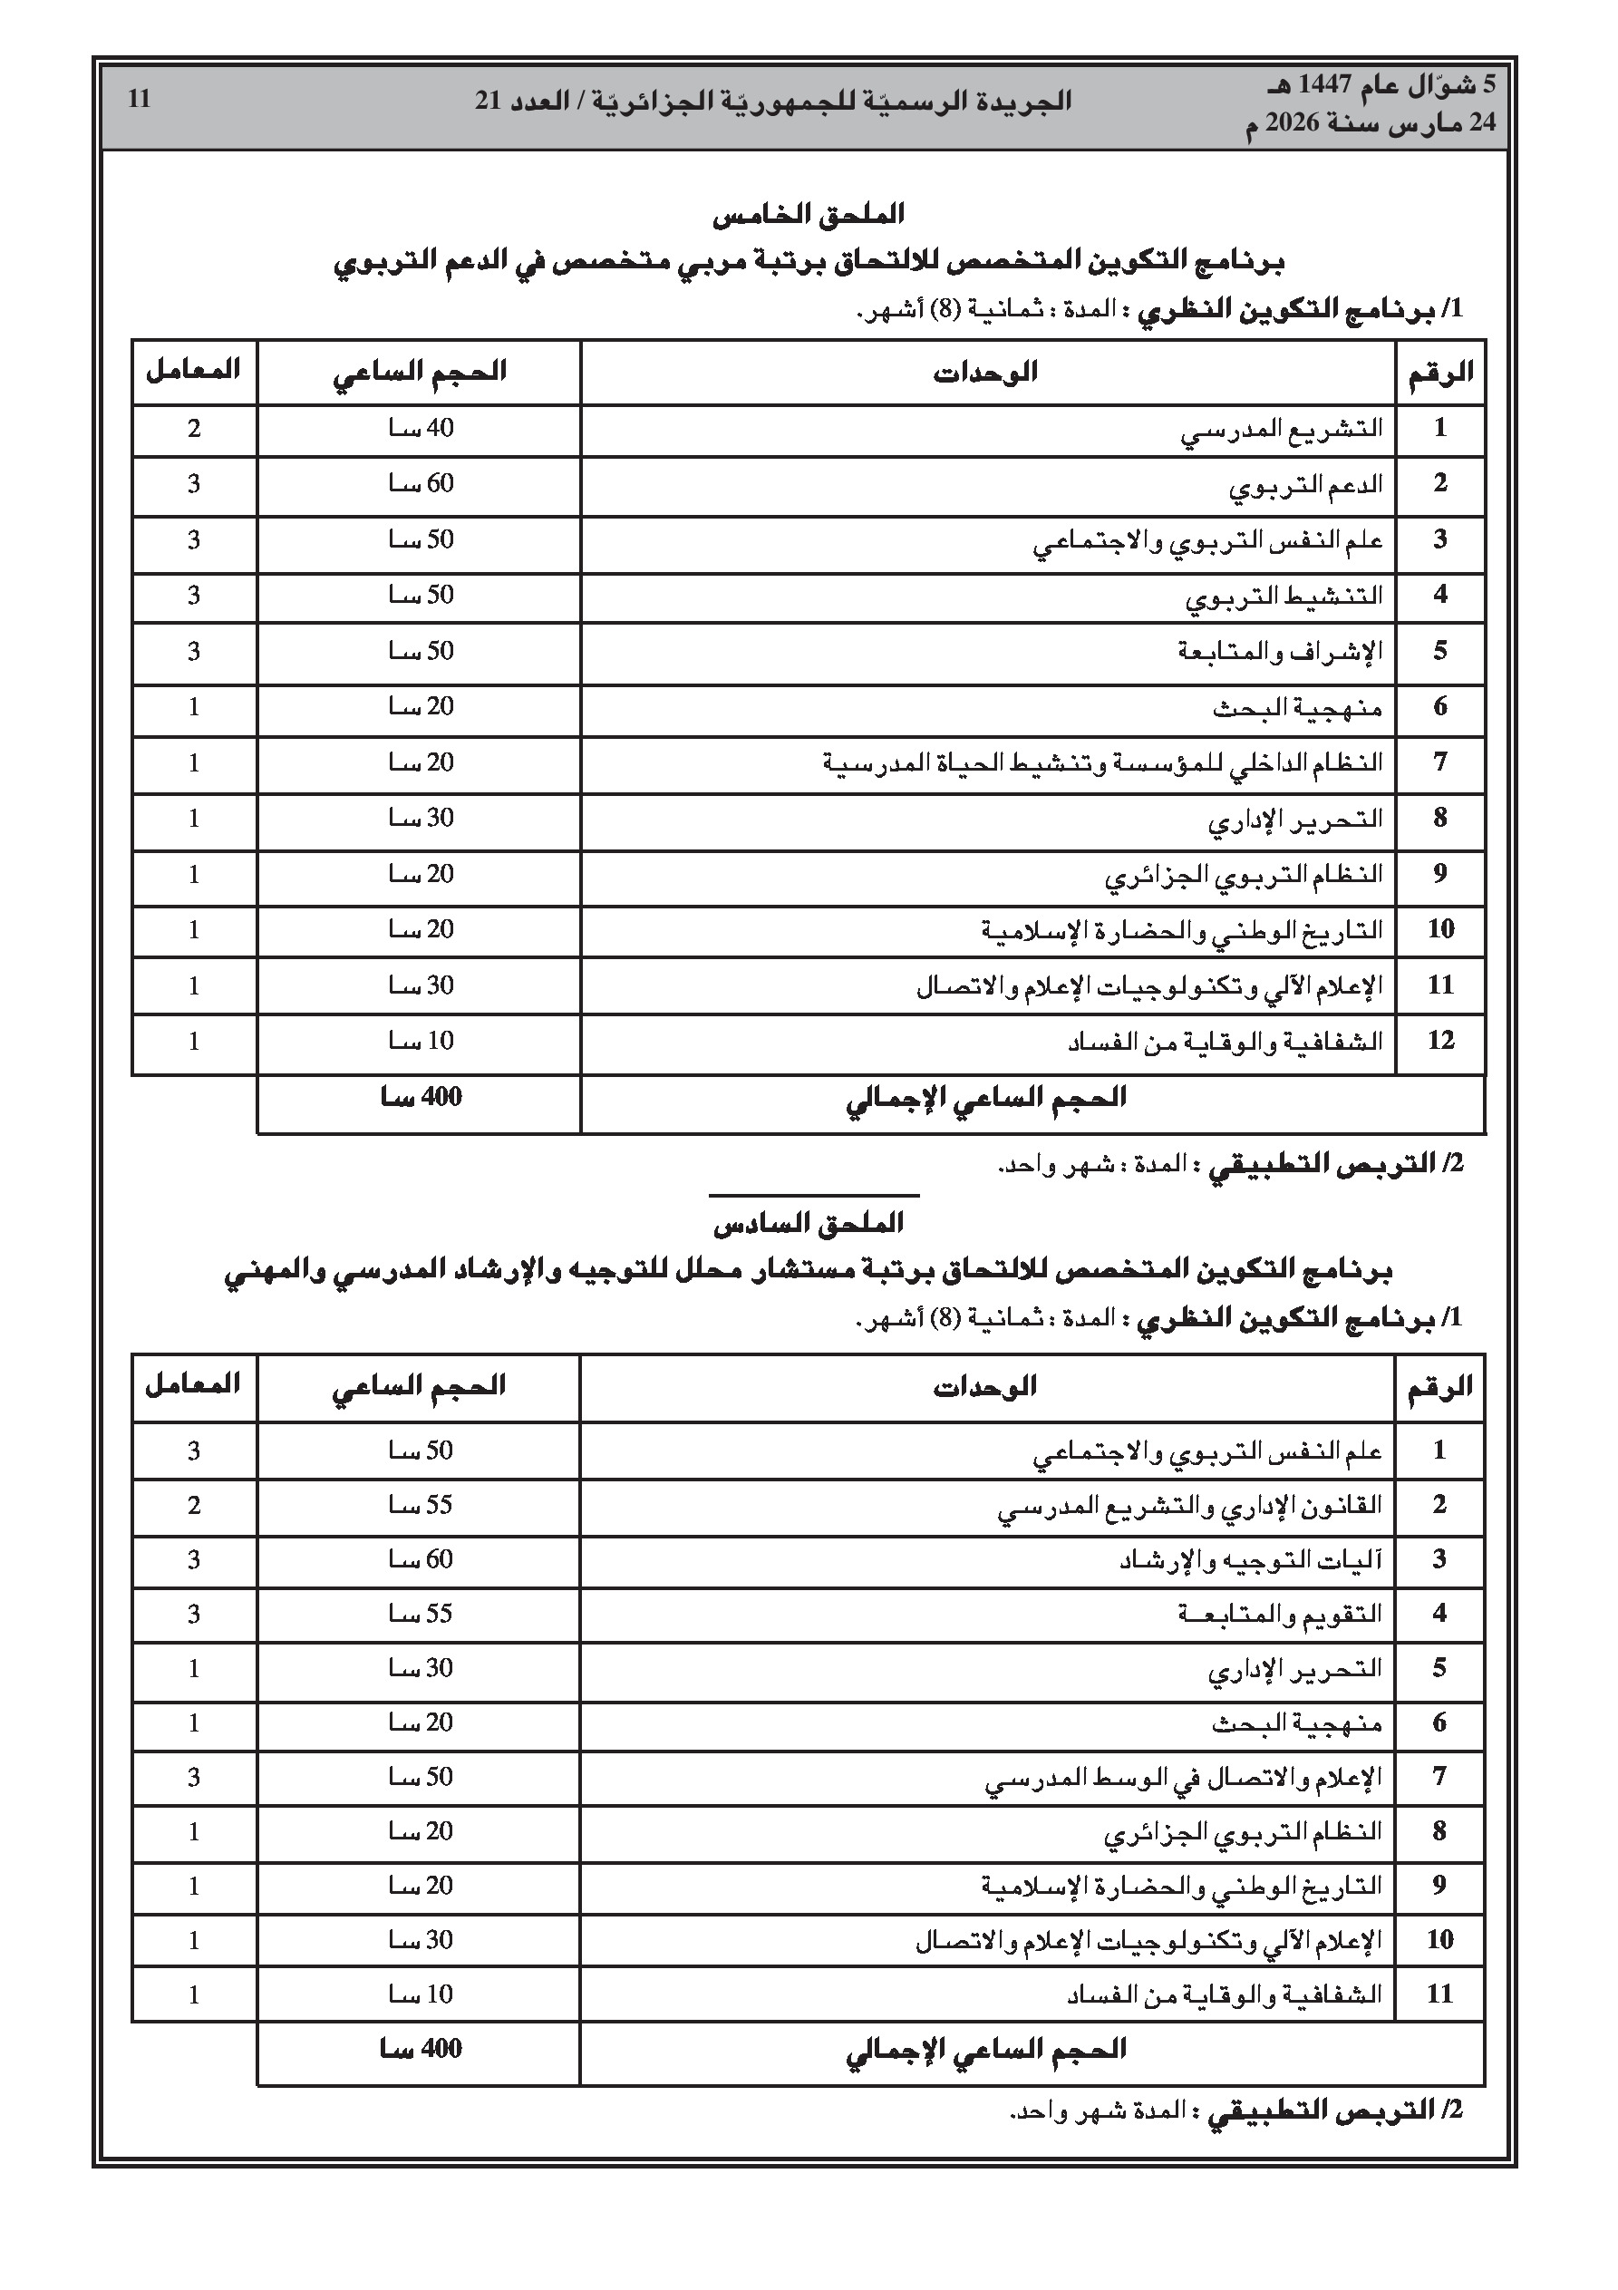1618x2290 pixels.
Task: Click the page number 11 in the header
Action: tap(139, 99)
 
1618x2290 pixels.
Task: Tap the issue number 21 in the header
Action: tap(488, 101)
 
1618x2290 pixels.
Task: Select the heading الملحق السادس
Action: tap(808, 1223)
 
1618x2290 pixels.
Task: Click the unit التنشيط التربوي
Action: tap(1284, 597)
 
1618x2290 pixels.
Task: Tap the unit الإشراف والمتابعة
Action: tap(1280, 653)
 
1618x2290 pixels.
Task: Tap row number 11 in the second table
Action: tap(1439, 1994)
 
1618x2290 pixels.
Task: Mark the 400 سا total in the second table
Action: tap(421, 2050)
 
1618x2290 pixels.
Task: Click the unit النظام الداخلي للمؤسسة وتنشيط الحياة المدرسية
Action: tap(1103, 764)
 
